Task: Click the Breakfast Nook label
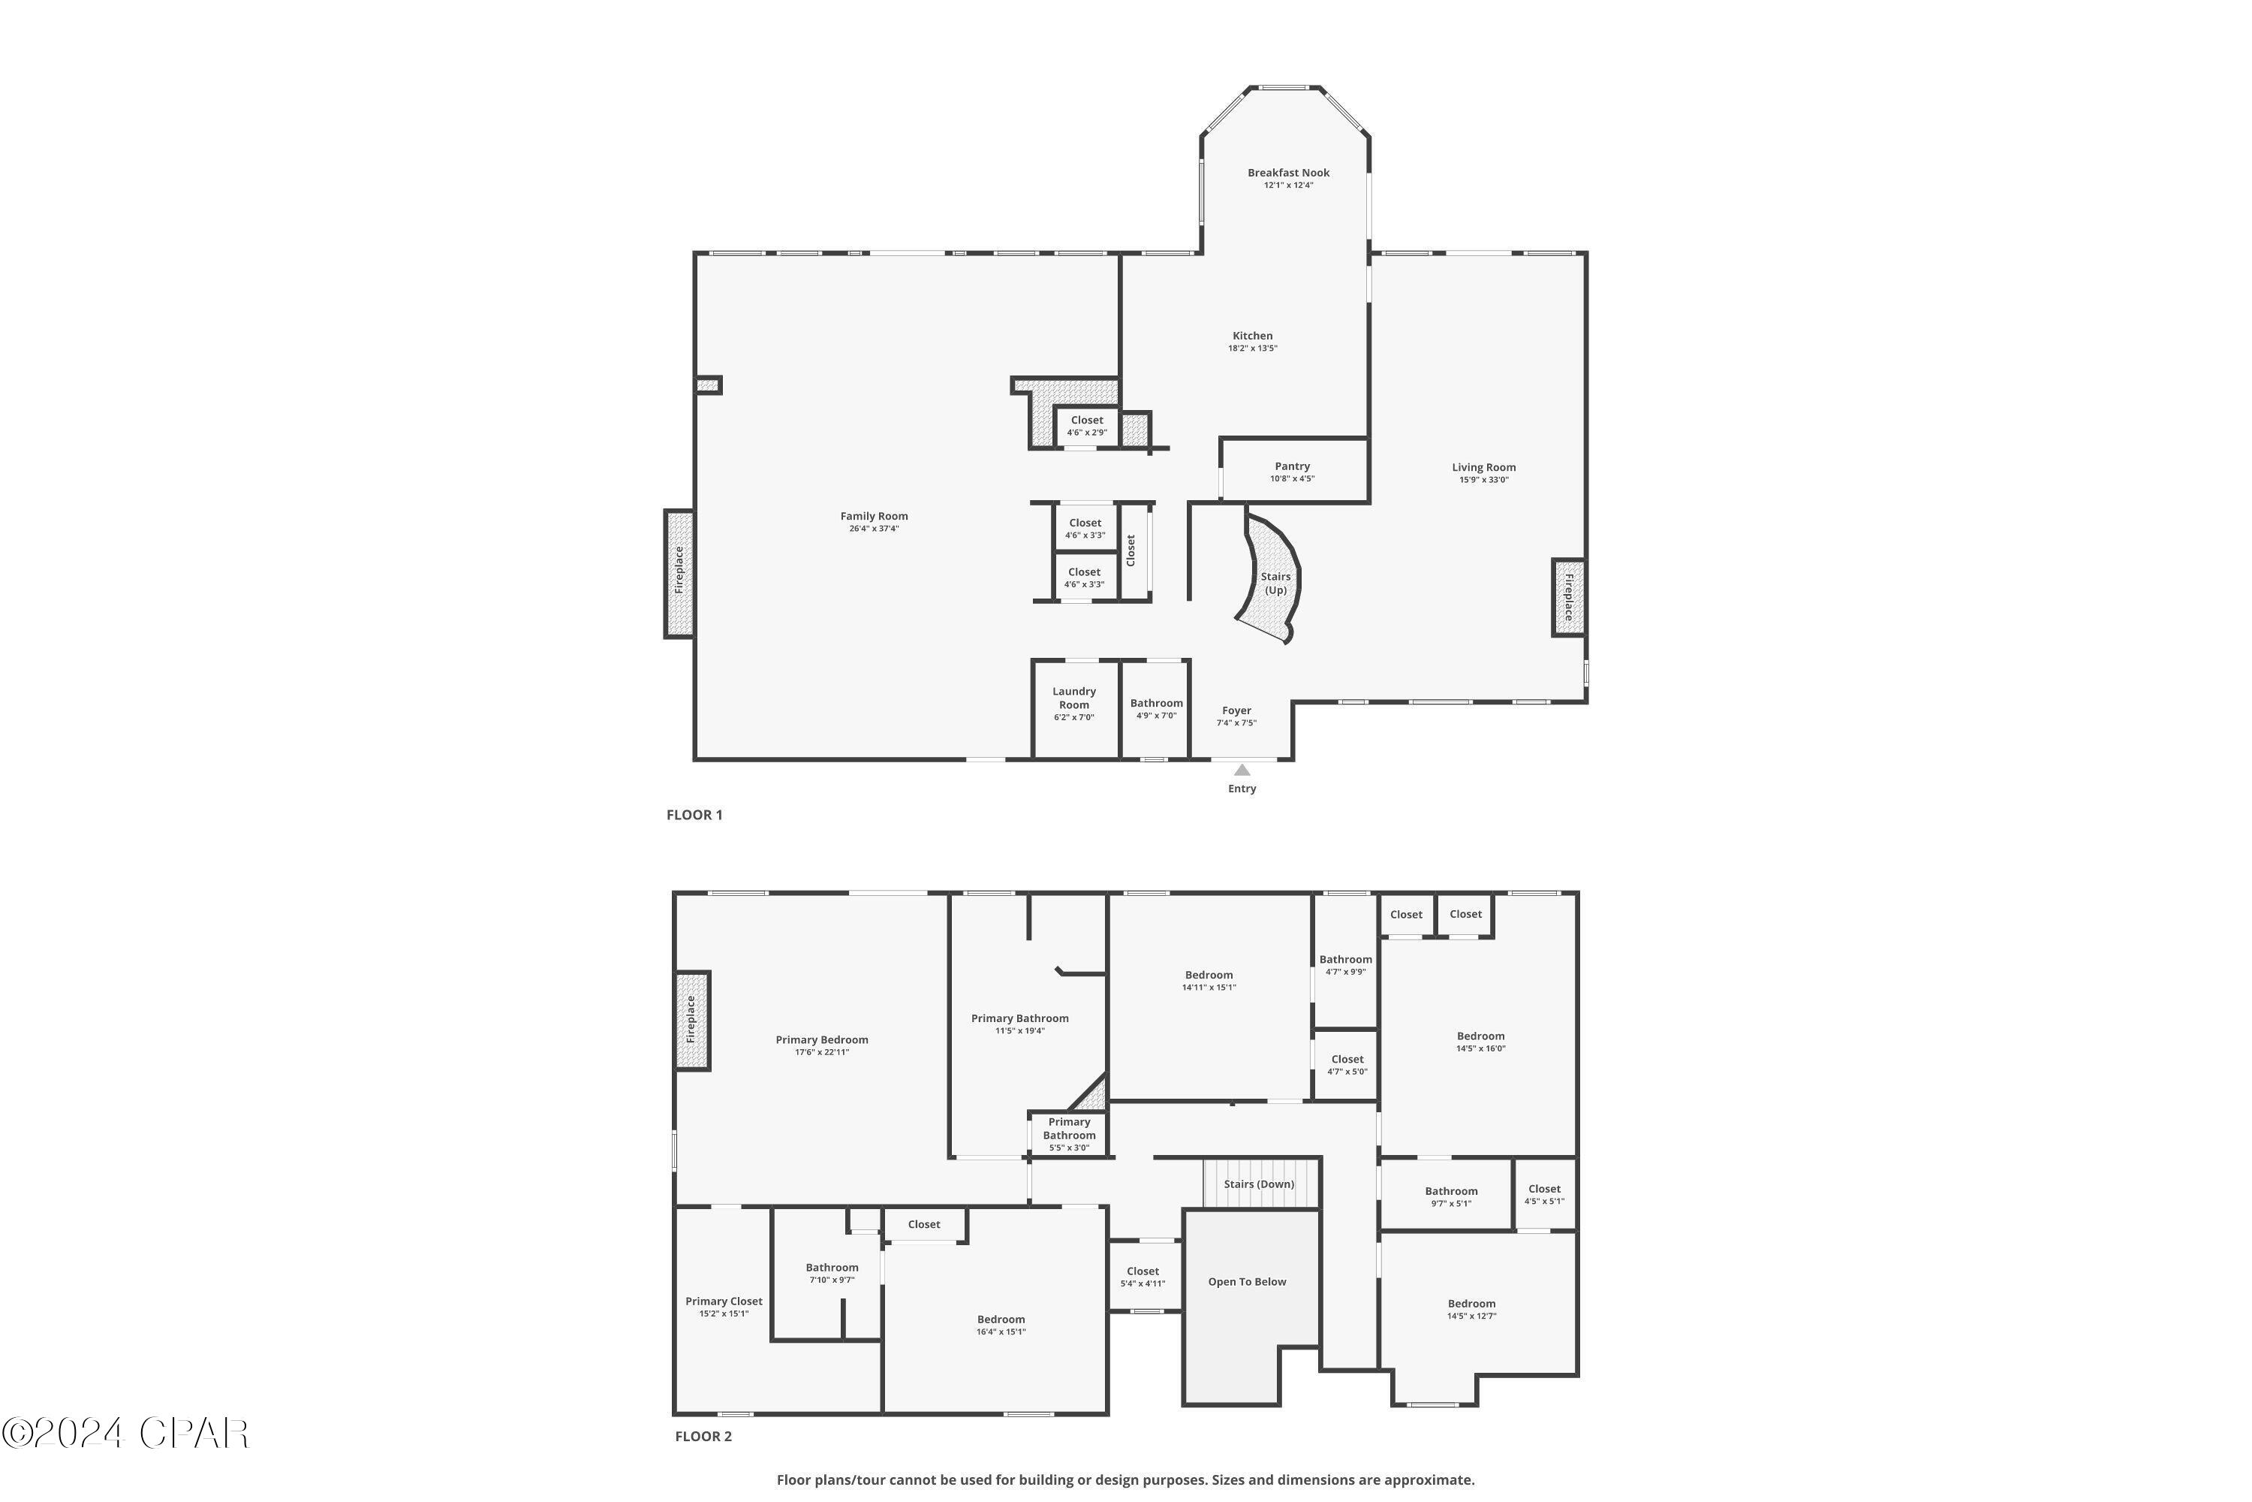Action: (x=1288, y=173)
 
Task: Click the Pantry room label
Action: (x=1292, y=466)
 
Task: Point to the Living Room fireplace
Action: (x=1567, y=598)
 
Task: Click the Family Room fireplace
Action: (x=679, y=573)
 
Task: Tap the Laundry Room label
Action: (x=1073, y=698)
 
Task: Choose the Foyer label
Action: (x=1236, y=710)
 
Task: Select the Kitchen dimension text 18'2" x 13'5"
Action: (x=1252, y=348)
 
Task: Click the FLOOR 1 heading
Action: (x=694, y=815)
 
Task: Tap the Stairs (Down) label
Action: (x=1259, y=1184)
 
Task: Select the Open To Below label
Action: (x=1247, y=1282)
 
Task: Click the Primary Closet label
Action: (x=724, y=1301)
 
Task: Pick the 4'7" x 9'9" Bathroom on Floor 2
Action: (x=1345, y=964)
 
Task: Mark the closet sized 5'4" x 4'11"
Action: (x=1143, y=1277)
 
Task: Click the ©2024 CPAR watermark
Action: (x=125, y=1434)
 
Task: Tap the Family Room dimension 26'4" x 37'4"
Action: (x=873, y=529)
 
